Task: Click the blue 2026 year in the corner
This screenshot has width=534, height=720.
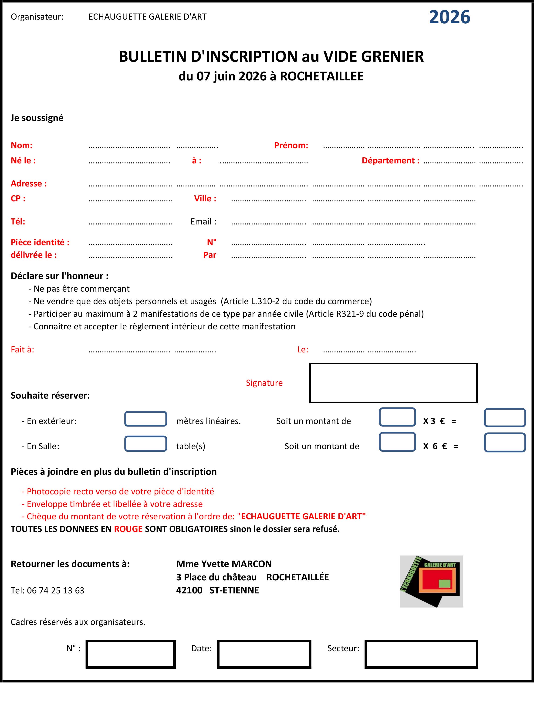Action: (x=449, y=17)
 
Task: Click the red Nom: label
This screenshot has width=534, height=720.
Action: (x=22, y=145)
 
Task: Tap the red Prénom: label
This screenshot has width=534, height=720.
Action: (x=291, y=145)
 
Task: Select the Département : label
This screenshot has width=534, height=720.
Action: (x=390, y=161)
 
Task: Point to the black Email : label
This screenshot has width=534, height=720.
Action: (x=203, y=222)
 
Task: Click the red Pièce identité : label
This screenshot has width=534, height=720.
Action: (x=40, y=242)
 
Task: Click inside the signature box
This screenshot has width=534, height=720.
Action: (x=393, y=383)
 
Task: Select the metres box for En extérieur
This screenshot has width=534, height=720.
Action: (x=145, y=419)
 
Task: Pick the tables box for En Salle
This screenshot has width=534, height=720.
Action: (x=145, y=444)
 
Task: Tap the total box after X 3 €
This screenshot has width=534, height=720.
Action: (x=505, y=418)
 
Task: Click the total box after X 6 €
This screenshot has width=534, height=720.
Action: (x=505, y=442)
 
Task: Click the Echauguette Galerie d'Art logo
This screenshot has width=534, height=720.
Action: (x=431, y=581)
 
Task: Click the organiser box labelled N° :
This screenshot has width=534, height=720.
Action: (x=131, y=654)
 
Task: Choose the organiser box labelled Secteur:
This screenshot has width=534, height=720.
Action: (x=421, y=654)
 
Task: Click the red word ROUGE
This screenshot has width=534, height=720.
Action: (x=128, y=529)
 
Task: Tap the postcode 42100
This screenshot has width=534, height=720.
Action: (x=189, y=590)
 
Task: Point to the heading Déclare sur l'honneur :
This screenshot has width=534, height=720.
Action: (x=60, y=276)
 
